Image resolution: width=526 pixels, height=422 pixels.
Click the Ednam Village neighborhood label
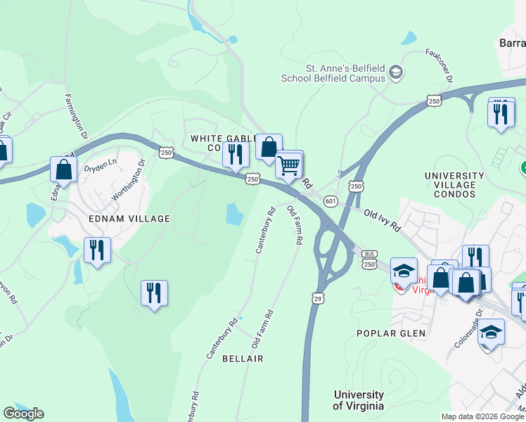pos(129,219)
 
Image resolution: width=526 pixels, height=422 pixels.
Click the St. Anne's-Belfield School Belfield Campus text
pos(344,73)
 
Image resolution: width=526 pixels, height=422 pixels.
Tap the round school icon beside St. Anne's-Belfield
pos(396,72)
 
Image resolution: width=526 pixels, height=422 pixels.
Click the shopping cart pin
pos(289,166)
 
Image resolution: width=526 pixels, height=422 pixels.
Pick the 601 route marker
pos(331,202)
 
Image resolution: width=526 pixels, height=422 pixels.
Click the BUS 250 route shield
pos(370,259)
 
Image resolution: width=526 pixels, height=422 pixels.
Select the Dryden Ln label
pos(98,170)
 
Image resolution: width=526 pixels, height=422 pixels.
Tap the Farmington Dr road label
pos(76,116)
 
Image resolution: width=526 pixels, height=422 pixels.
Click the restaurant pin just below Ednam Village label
pos(97,250)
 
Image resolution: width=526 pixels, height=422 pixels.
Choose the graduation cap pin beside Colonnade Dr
pos(491,333)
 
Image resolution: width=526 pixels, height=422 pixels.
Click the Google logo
pos(23,414)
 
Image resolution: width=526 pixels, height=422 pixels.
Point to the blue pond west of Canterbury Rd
pos(235,214)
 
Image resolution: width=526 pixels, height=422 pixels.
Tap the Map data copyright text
pos(482,416)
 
